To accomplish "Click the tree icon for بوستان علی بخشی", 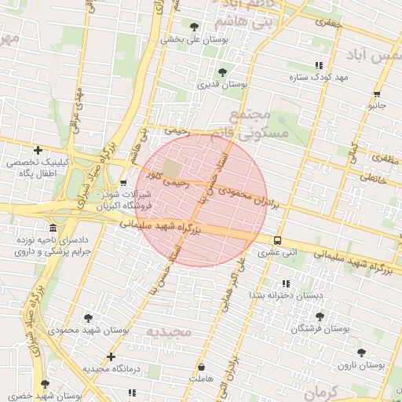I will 194,27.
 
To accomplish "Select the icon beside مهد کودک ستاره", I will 318,66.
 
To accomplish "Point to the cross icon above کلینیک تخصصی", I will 38,150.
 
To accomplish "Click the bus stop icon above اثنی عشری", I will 278,241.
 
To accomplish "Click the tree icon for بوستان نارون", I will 360,353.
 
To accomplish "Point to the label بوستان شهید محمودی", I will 85,331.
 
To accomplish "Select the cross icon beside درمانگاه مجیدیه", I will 111,357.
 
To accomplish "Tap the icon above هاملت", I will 203,367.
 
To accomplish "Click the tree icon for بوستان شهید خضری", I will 44,385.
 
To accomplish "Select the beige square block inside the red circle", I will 172,168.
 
